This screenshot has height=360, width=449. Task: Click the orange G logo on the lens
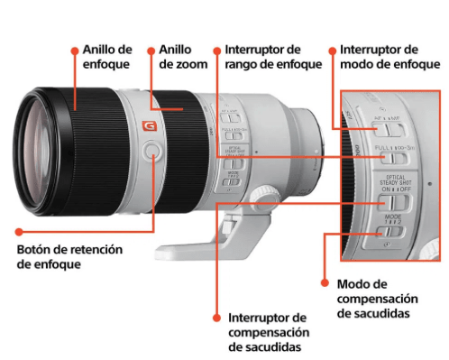(150, 127)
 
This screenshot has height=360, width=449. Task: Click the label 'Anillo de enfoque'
(106, 58)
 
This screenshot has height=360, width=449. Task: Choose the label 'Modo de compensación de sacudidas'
(377, 298)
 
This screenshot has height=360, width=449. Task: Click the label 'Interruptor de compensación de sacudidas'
(268, 332)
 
